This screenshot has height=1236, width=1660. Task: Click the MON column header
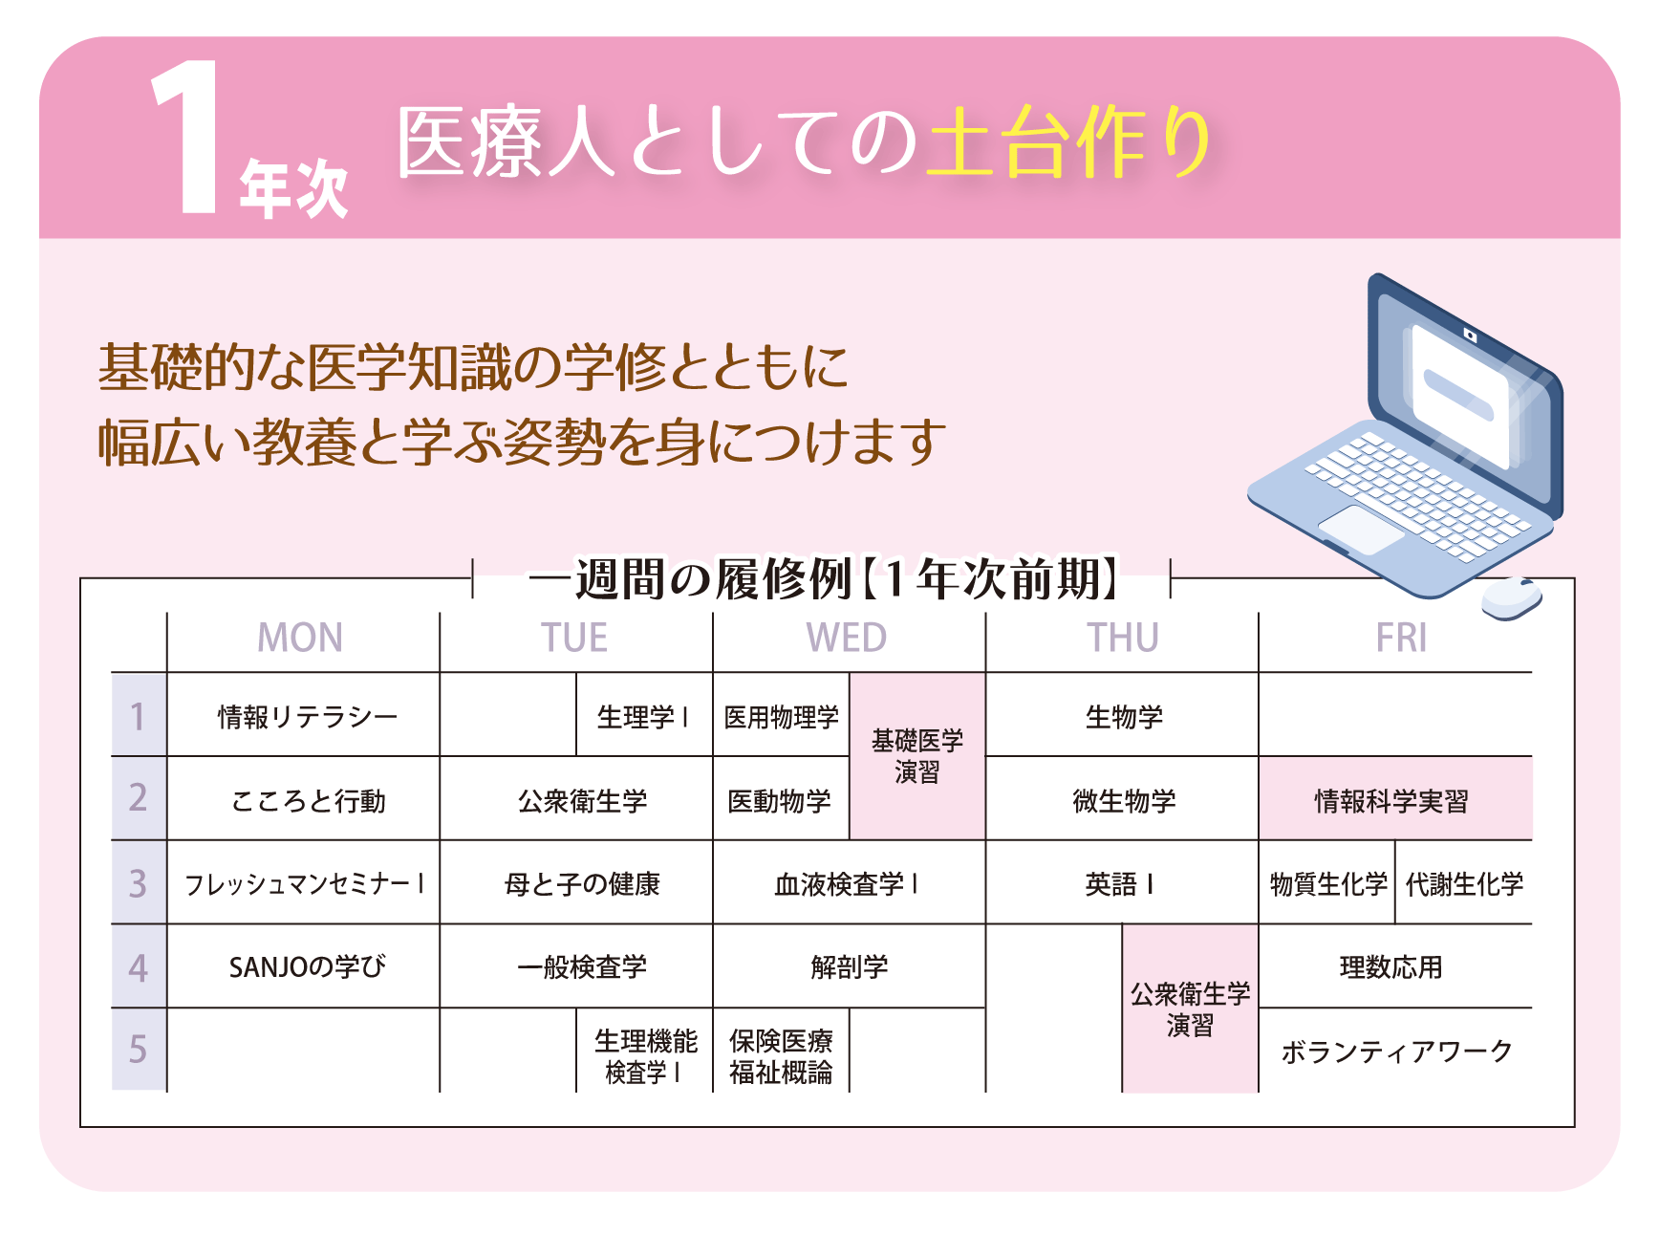point(300,638)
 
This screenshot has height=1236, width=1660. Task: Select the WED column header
point(847,638)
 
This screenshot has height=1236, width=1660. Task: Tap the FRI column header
point(1401,638)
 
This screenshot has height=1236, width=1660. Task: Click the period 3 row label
point(139,882)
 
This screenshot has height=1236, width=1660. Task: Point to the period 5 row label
point(139,1050)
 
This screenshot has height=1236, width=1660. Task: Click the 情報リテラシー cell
point(304,715)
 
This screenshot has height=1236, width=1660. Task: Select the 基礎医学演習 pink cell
point(917,756)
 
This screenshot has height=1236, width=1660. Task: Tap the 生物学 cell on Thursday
point(1123,715)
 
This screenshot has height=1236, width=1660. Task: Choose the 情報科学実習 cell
point(1395,799)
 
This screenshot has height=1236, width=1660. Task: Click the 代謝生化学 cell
point(1464,883)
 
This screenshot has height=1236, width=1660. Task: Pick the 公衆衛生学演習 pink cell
point(1191,1008)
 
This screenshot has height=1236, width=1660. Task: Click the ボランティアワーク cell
point(1395,1051)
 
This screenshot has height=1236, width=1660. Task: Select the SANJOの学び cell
point(304,966)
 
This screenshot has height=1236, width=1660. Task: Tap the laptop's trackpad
point(1361,530)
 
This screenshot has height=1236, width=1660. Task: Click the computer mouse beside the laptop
point(1511,598)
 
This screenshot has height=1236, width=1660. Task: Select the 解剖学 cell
point(850,966)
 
